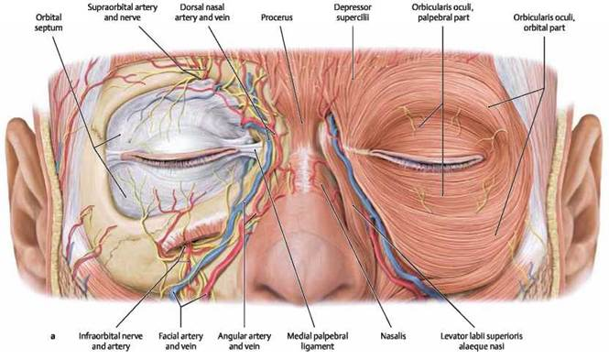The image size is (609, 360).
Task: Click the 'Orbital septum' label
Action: point(49,23)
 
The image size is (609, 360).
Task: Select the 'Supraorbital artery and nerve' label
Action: point(123,13)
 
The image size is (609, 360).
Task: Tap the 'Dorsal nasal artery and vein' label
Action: point(202,13)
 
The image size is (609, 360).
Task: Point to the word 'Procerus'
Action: point(277,17)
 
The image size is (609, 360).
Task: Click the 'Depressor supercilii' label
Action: point(353,13)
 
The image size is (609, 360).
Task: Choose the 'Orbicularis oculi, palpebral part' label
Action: point(443,13)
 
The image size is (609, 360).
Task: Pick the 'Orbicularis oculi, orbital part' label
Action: point(544,23)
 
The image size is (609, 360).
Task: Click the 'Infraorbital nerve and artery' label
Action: point(111,341)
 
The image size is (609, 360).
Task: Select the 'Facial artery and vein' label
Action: point(180,341)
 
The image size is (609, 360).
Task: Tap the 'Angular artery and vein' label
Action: point(244,341)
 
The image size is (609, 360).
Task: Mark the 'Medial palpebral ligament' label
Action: point(317,341)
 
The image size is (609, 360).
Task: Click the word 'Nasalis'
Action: point(393,336)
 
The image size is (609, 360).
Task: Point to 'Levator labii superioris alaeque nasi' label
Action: point(481,341)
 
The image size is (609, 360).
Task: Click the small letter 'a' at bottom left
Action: point(53,336)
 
